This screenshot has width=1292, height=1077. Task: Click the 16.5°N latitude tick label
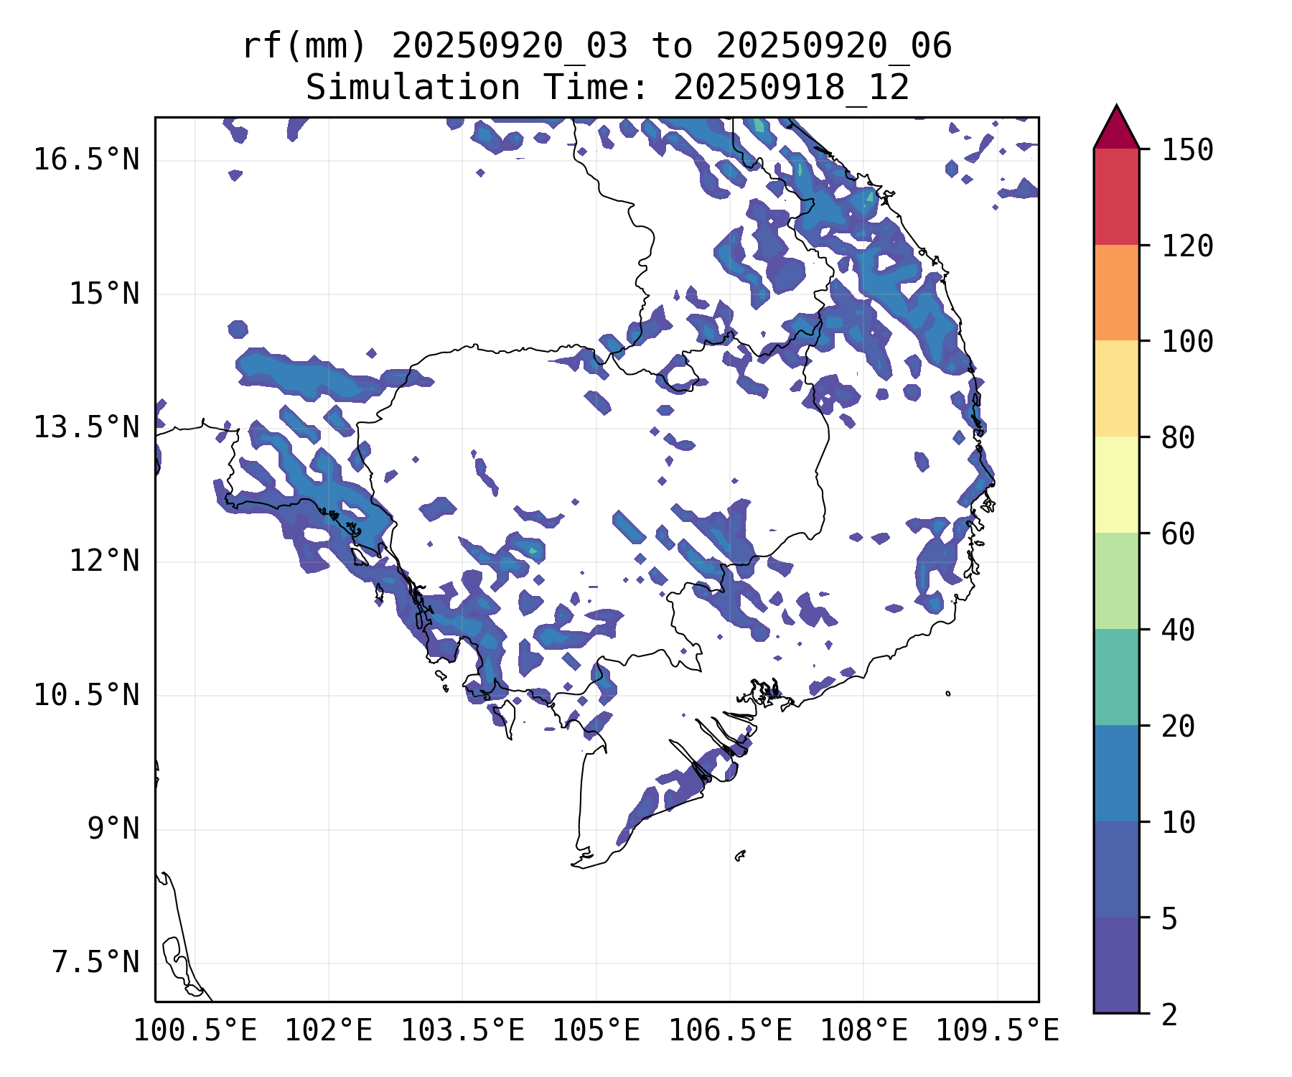86,159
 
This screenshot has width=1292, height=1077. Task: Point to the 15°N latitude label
104,294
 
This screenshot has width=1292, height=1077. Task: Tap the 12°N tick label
104,561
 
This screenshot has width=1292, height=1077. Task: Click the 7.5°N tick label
95,962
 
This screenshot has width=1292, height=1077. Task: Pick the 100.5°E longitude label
195,1030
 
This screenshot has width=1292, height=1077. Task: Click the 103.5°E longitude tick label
462,1030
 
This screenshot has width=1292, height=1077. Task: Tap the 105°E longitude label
596,1030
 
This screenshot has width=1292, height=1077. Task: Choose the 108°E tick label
863,1030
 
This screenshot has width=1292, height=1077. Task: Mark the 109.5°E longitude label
997,1030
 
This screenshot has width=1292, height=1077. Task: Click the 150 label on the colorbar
1188,150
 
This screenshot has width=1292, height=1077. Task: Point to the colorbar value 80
1179,437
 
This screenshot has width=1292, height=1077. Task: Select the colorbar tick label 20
1179,726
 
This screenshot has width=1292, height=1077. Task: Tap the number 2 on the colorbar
1170,1015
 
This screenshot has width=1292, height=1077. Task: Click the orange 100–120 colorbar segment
1116,292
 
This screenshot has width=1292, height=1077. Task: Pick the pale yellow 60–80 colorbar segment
1116,485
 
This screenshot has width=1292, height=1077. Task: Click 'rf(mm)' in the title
304,46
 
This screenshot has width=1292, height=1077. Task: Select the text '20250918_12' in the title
791,88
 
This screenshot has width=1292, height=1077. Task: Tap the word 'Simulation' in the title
413,88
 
